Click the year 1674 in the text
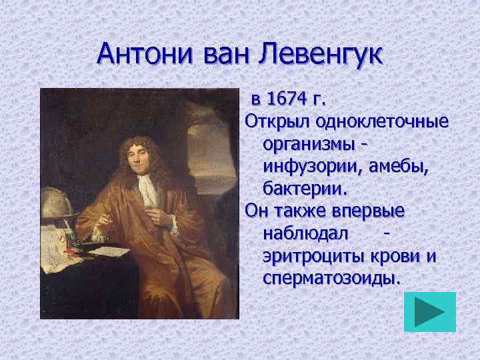coord(288,100)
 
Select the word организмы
coord(309,144)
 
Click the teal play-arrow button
coord(430,311)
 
